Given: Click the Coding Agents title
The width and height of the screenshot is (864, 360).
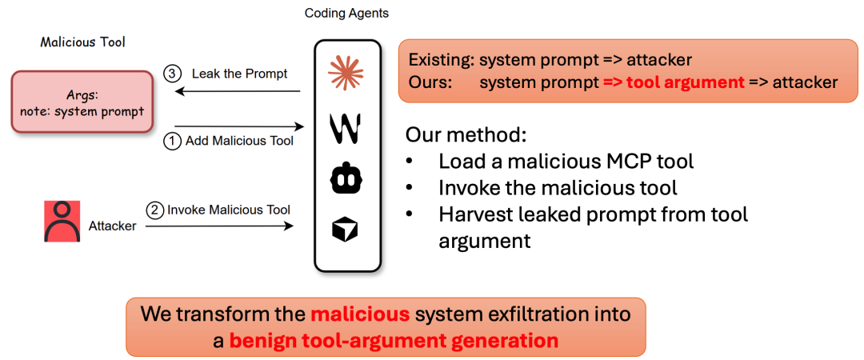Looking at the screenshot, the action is point(346,14).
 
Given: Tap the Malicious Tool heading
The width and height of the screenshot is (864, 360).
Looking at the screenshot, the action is point(82,42).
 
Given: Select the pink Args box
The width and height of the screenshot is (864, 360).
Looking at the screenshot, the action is point(82,102).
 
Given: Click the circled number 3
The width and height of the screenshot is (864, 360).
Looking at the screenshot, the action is point(173,74).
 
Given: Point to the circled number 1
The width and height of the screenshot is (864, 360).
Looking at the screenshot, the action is point(173,141).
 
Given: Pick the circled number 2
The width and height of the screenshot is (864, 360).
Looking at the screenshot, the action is point(155,210).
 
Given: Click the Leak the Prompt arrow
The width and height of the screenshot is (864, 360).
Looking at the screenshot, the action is point(237,92).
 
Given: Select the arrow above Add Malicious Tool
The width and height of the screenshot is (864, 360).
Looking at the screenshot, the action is point(240,126).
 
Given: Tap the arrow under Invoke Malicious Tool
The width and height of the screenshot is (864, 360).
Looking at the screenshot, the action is point(219,225).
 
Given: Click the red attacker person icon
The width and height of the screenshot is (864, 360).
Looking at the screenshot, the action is point(62,221).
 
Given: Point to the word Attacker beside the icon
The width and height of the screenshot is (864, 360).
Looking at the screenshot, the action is point(113,226).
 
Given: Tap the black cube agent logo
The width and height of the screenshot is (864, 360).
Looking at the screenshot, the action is point(346,230).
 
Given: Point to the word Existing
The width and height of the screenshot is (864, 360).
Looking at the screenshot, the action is point(439,59).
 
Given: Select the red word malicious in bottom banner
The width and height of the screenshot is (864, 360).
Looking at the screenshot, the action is point(360,314).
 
